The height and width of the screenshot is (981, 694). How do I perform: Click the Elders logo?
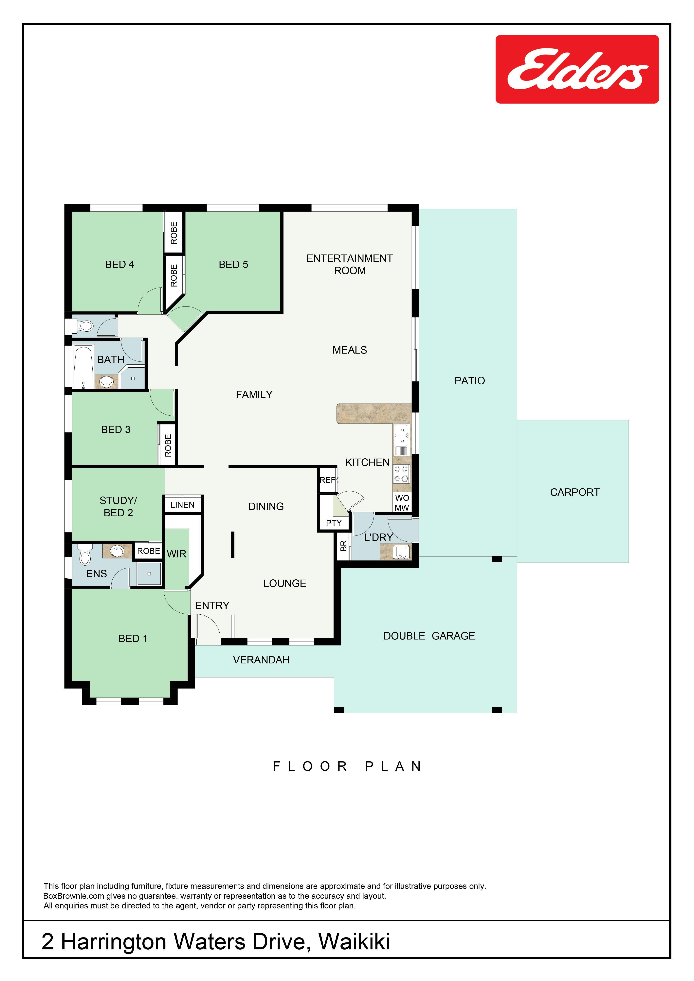pos(577,69)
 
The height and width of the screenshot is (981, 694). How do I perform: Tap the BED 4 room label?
pos(120,264)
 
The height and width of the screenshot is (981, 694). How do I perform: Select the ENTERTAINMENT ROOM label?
pos(350,264)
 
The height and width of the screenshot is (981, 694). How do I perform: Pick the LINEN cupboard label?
pos(182,505)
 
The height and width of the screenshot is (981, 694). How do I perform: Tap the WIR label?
pos(176,554)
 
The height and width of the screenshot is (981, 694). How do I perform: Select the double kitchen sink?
pos(401,436)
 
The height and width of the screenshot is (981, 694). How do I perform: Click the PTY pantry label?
pos(334,523)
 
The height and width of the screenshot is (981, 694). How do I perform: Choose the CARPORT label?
pos(575,492)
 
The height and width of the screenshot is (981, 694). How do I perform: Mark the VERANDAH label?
pos(261,660)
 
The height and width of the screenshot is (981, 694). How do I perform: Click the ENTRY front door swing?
pos(208,628)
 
